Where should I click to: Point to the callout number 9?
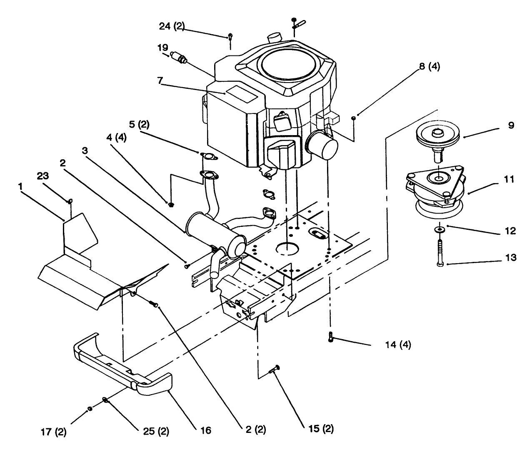coord(511,125)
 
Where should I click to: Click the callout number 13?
coord(510,258)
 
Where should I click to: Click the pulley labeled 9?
coord(437,138)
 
